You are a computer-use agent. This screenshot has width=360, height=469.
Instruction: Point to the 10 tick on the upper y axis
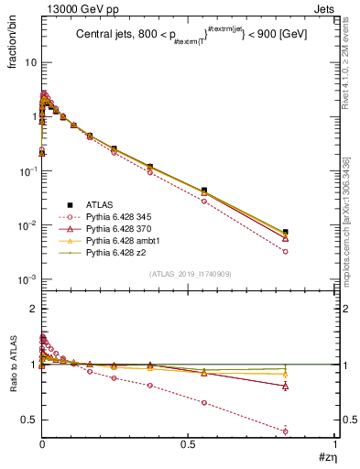point(30,62)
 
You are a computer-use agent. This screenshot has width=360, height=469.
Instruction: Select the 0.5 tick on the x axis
point(188,445)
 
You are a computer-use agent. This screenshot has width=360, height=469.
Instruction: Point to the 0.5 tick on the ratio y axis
point(30,420)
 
